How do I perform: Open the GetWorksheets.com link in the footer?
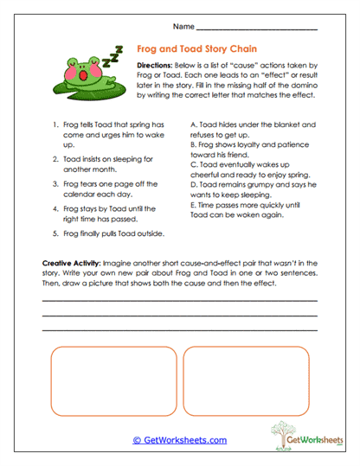(x=180, y=440)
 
